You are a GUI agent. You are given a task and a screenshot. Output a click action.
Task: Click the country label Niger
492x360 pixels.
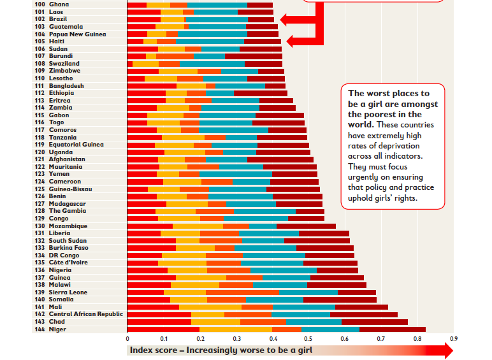tap(57, 329)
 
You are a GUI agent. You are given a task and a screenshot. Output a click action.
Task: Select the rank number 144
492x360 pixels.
tap(39, 329)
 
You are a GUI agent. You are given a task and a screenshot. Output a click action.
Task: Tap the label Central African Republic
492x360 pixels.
tap(85, 314)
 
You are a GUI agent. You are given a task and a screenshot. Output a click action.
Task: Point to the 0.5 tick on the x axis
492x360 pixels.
tap(309, 338)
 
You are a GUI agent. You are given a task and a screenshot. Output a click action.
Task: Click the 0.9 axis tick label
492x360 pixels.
tap(453, 338)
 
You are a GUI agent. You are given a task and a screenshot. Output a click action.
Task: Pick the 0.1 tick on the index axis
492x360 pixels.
tap(164, 338)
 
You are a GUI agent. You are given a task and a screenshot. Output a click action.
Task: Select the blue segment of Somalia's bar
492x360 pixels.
tap(274, 299)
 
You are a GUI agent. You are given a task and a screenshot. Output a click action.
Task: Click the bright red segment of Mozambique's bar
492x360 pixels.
tap(150, 226)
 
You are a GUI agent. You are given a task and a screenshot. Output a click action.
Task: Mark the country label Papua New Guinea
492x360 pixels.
tap(77, 34)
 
